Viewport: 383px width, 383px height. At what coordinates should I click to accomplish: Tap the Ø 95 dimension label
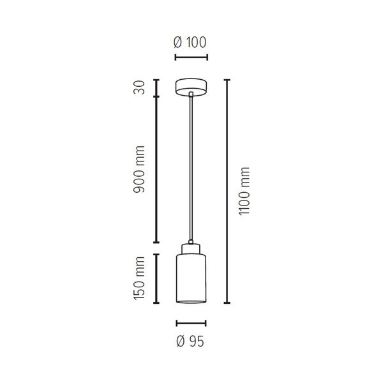(x=190, y=342)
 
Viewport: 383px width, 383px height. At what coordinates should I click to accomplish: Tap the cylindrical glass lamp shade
(x=190, y=274)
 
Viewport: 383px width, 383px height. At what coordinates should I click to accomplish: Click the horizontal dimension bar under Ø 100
(x=190, y=58)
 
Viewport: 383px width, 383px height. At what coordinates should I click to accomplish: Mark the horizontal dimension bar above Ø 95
(x=190, y=323)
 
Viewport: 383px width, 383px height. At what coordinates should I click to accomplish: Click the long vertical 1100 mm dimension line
(x=227, y=191)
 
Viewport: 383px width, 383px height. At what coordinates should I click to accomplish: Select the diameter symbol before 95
(x=181, y=342)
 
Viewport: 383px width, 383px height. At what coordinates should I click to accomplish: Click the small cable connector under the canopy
(x=190, y=95)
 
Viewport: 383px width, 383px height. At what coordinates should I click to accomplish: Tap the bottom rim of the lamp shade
(x=190, y=302)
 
